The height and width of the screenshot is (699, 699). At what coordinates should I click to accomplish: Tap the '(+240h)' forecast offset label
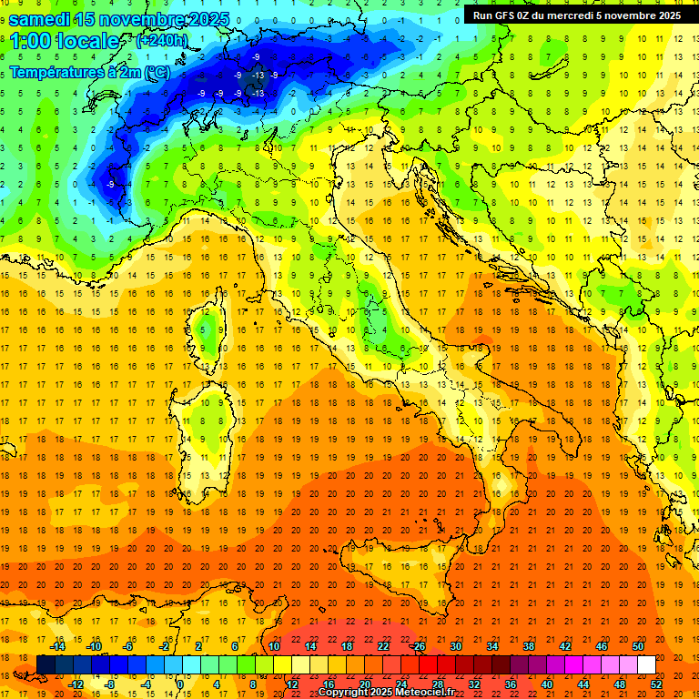161,40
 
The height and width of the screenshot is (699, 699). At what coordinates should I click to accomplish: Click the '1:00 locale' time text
64,41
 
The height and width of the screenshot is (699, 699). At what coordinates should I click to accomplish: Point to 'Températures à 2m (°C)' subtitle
89,71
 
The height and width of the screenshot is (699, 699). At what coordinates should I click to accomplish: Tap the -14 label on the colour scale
56,646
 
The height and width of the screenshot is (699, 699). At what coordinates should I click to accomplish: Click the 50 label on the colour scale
638,646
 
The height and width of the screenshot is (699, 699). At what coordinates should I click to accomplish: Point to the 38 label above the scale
529,646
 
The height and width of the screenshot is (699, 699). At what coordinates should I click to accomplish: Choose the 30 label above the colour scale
456,646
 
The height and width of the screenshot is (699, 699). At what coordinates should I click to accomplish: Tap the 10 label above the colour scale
274,646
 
